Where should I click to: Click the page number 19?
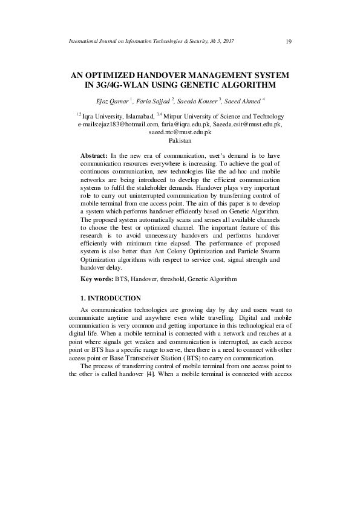[x=288, y=41]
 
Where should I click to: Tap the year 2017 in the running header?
[x=226, y=41]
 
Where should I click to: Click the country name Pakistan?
[x=180, y=140]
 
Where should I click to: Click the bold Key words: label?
[x=97, y=279]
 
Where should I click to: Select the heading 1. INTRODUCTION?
[x=111, y=299]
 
